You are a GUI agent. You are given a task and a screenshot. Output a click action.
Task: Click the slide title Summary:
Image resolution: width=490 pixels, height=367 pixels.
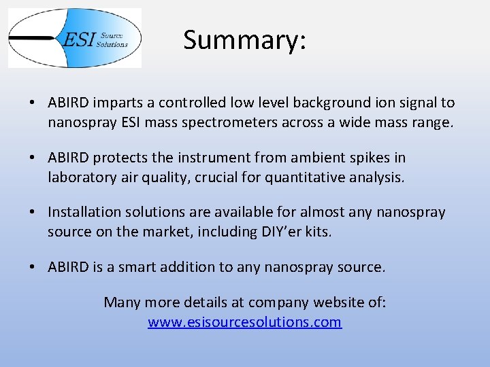coord(244,40)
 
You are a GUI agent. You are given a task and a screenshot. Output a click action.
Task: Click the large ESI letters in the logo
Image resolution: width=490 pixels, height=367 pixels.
coord(78,39)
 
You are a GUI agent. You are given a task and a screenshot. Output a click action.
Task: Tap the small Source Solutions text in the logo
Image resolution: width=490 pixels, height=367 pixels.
coord(113,40)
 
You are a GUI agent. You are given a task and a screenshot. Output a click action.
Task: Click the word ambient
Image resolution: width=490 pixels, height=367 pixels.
coord(315,158)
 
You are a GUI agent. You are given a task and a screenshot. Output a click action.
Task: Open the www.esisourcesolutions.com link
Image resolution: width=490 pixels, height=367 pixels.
coord(244,322)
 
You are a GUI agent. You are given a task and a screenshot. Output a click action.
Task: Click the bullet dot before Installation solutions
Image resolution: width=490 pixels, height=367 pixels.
coord(33,213)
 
